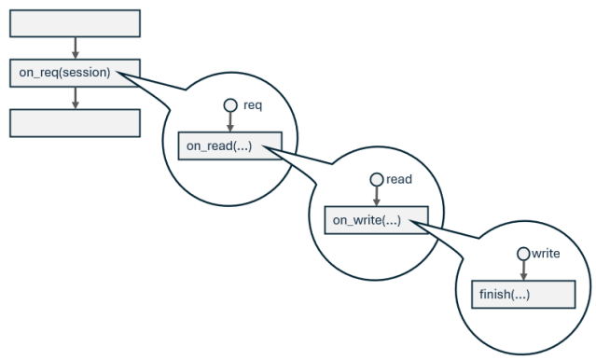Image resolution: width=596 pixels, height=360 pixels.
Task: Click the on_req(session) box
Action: point(75,73)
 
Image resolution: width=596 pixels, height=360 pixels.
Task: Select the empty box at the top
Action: point(75,24)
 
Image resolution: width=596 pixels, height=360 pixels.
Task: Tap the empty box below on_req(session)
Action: point(75,122)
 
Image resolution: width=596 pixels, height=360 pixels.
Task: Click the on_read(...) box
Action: point(229,146)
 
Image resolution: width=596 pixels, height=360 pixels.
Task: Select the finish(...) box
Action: point(521,294)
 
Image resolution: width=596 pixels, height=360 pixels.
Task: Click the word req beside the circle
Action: point(252,104)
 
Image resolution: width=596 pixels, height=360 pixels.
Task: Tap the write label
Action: point(547,253)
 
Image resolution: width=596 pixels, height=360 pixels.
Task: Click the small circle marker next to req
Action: point(229,105)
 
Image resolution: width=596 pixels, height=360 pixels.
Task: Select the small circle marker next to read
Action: point(376,179)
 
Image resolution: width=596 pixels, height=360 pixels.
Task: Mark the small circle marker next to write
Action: point(523,254)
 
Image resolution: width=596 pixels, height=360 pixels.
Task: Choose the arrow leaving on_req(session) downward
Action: point(75,97)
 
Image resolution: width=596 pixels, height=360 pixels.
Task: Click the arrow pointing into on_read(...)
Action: point(229,123)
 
